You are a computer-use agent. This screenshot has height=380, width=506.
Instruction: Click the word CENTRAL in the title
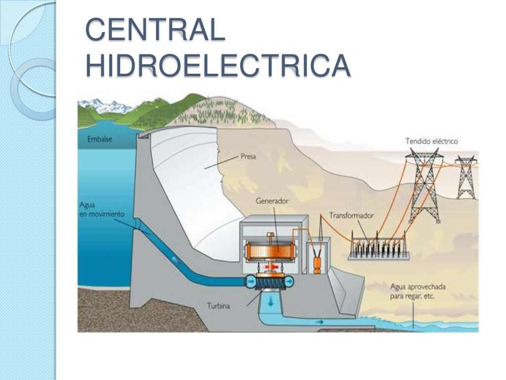(x=155, y=30)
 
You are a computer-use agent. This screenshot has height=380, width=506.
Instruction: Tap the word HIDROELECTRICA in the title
(x=218, y=65)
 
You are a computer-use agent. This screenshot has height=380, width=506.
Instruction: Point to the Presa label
(x=249, y=156)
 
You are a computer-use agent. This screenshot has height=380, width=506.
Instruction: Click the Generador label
(x=272, y=201)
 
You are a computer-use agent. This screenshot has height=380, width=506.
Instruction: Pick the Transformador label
(x=351, y=216)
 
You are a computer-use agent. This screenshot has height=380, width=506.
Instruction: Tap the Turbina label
(x=218, y=305)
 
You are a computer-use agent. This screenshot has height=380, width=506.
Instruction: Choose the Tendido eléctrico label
(x=431, y=141)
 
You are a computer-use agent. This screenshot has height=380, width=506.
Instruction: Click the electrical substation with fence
(x=379, y=246)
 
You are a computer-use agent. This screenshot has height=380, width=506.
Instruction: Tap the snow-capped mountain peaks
(x=106, y=105)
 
